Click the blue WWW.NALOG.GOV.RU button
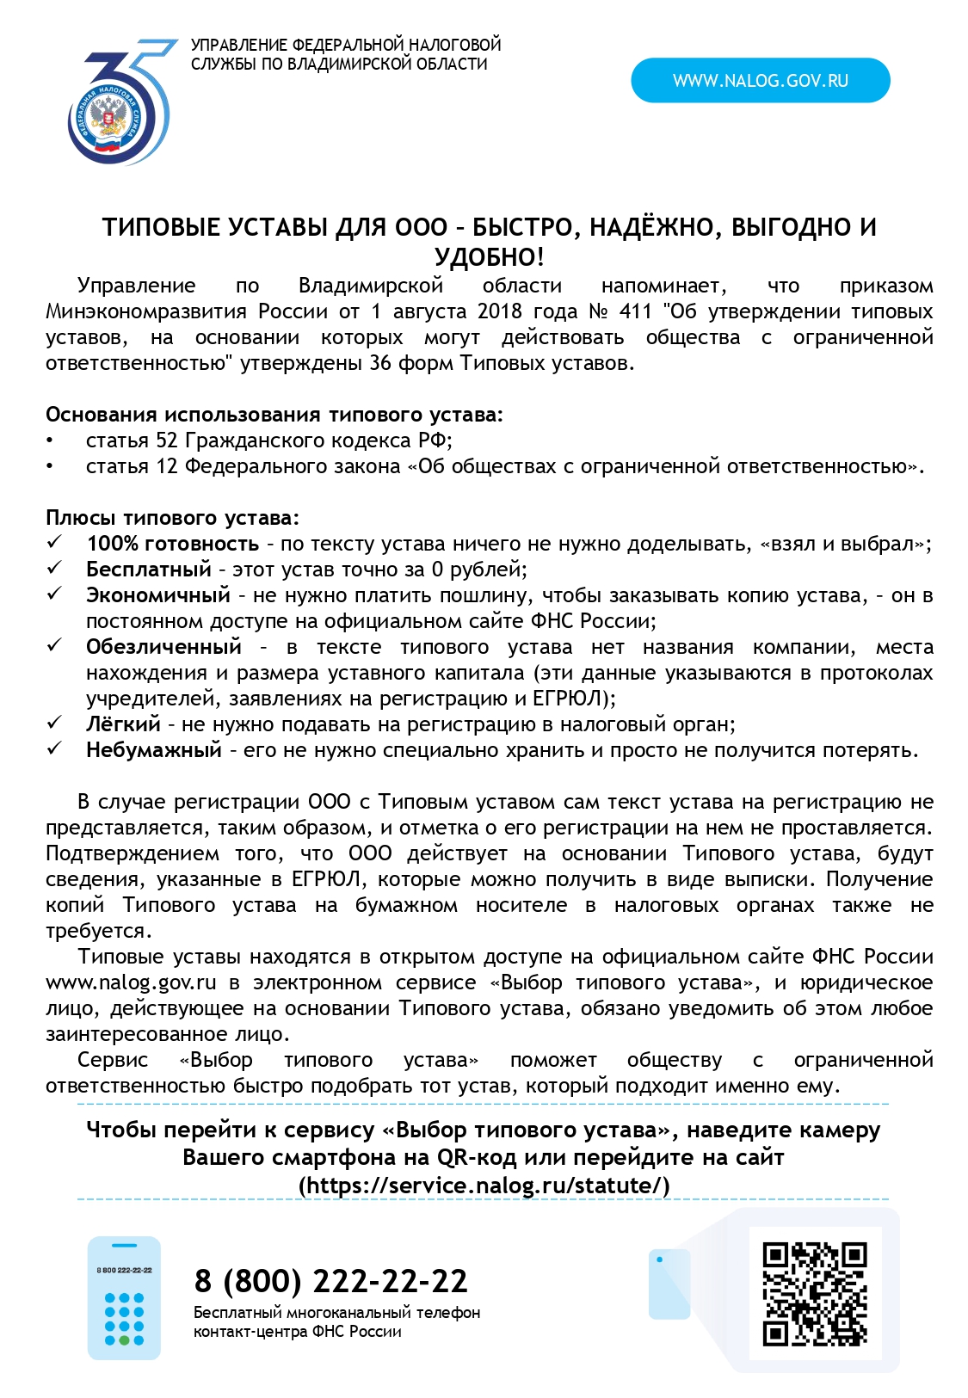[760, 81]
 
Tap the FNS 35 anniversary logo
[120, 104]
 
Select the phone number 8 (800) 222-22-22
[330, 1281]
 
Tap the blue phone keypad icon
[124, 1298]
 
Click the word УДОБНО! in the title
[489, 257]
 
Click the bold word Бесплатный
[148, 570]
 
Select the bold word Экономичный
[157, 595]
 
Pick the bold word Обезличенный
[163, 647]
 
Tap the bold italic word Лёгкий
[123, 724]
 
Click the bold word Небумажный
[153, 750]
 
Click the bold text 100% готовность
[172, 544]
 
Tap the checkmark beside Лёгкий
[55, 724]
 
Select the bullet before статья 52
[51, 440]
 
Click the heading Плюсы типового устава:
[172, 518]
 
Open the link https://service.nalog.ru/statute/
[484, 1186]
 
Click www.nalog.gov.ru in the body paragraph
[131, 982]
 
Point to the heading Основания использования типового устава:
[274, 415]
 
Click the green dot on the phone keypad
[125, 1340]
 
